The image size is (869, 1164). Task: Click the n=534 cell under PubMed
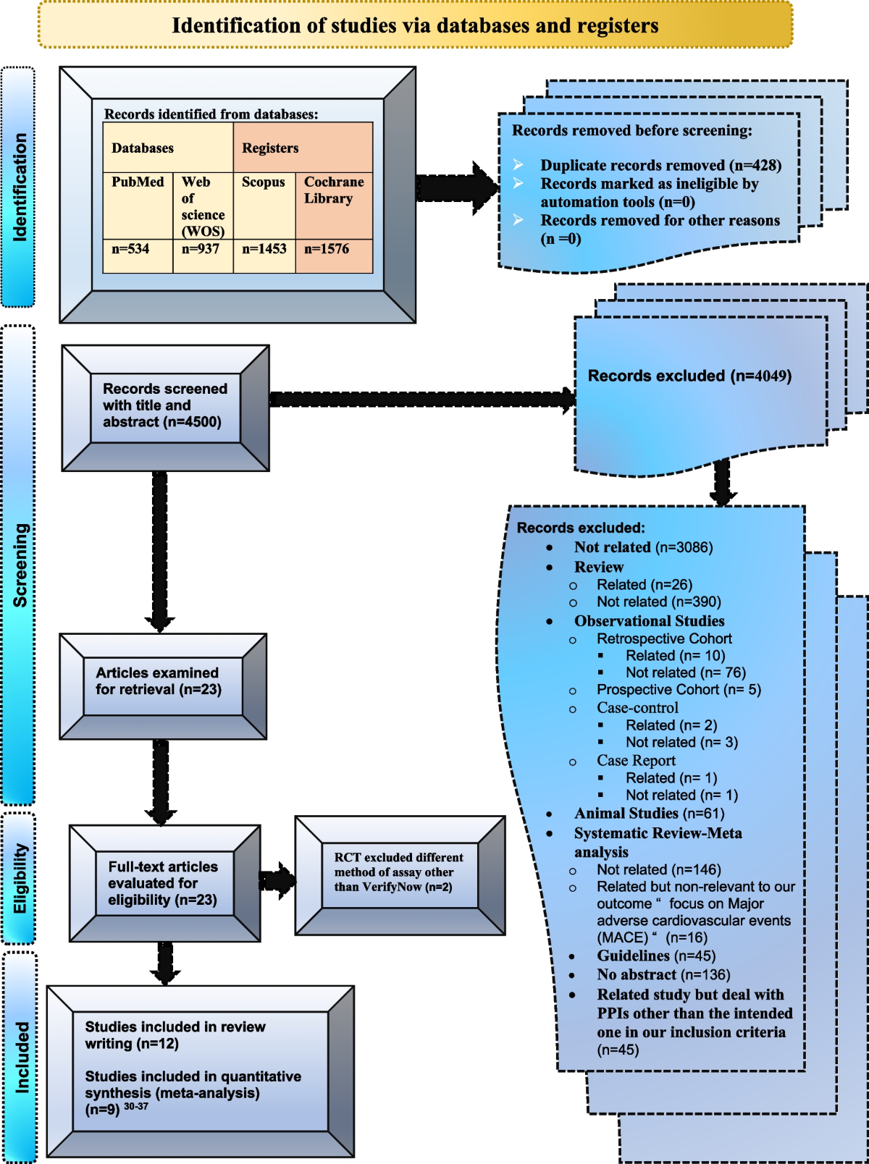[x=131, y=249]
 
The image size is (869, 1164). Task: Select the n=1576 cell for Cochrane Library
[x=327, y=249]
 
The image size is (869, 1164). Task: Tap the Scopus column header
[x=264, y=182]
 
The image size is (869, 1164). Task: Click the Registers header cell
[x=271, y=148]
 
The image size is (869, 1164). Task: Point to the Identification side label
[x=20, y=187]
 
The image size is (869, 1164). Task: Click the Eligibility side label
[x=20, y=878]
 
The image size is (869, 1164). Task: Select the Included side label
[x=22, y=1057]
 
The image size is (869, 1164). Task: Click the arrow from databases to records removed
[x=456, y=188]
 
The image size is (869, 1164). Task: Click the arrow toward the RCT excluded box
[x=277, y=880]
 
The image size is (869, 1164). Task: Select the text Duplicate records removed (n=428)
[x=660, y=165]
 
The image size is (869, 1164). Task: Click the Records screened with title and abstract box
[x=165, y=406]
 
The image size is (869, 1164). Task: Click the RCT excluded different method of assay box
[x=399, y=872]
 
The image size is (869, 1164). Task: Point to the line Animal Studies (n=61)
[x=649, y=814]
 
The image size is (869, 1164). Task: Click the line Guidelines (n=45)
[x=656, y=956]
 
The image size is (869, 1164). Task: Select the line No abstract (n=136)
[x=663, y=975]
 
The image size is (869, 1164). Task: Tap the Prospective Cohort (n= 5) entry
[x=679, y=690]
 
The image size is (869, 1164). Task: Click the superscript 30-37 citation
[x=136, y=1106]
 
